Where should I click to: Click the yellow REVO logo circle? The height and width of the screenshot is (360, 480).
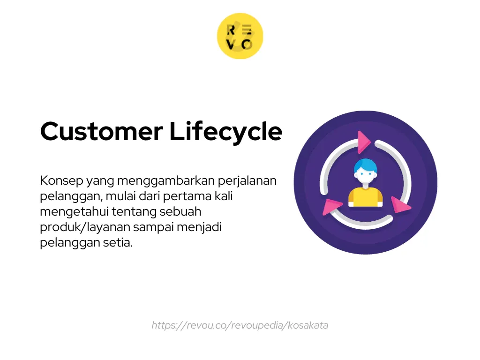[x=240, y=36]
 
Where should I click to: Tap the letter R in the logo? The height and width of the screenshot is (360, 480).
[x=231, y=30]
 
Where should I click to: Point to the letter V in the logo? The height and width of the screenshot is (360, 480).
[x=231, y=45]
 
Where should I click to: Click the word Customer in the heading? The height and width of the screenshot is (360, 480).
[x=102, y=131]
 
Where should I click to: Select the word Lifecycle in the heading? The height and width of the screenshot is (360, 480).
[x=226, y=132]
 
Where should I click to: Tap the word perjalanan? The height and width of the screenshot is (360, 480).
[x=248, y=181]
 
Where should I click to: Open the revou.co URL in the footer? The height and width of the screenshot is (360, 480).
[x=240, y=325]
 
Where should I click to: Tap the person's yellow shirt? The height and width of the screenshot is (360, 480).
[x=366, y=197]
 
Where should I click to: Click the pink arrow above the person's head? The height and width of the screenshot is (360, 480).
[x=362, y=142]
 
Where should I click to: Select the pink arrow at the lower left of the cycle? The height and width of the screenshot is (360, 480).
[x=332, y=206]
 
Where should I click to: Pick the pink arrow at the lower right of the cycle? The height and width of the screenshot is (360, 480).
[x=400, y=205]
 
